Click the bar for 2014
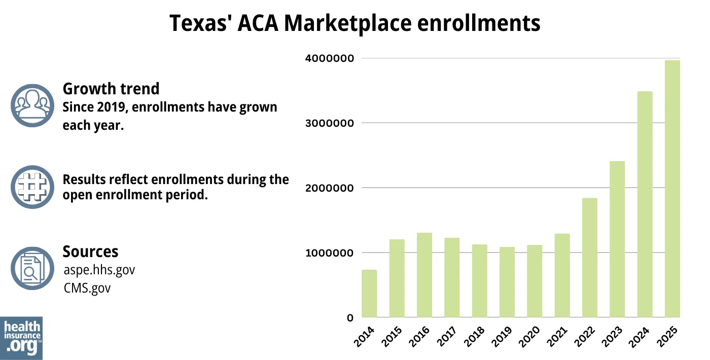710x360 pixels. [369, 294]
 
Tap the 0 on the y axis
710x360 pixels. [350, 318]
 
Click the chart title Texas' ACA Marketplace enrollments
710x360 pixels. [354, 23]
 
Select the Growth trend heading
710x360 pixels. [111, 89]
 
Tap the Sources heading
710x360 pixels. [90, 251]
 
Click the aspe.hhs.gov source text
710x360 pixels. [99, 270]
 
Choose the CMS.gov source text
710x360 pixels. [87, 288]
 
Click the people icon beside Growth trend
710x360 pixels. [32, 105]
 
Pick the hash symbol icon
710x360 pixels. [32, 187]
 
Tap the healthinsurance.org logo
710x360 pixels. [21, 338]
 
